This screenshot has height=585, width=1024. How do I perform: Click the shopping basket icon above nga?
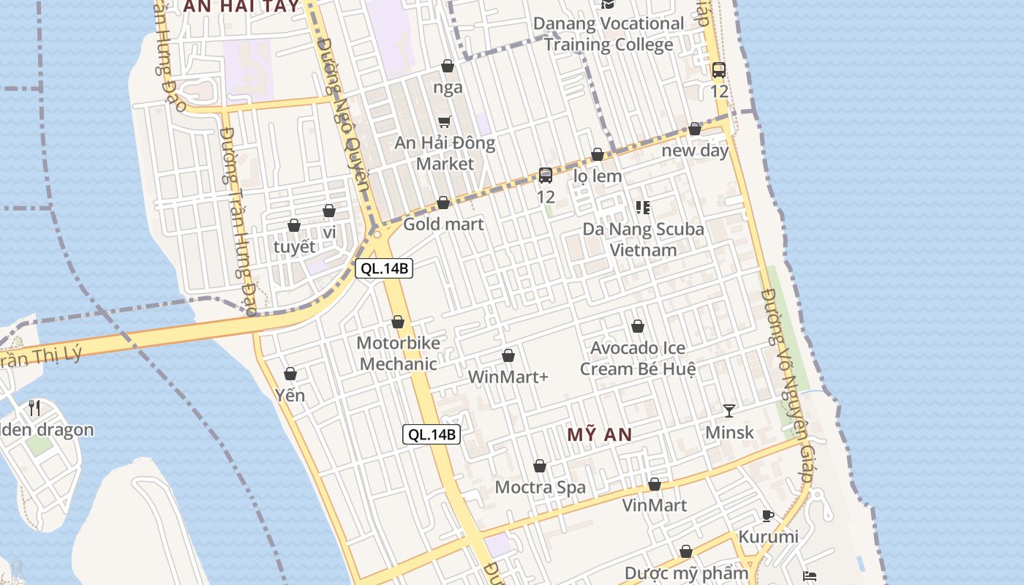click(448, 67)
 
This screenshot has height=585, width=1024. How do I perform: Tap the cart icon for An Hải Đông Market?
click(444, 121)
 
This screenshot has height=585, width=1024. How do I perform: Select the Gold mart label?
click(443, 224)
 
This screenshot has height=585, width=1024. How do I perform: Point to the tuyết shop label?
click(295, 246)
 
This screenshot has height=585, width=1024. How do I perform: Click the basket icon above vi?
click(329, 211)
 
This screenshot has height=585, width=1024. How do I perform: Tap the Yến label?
click(290, 396)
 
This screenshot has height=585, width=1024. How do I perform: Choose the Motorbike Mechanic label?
click(399, 353)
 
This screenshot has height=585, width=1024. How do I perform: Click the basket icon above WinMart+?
click(508, 356)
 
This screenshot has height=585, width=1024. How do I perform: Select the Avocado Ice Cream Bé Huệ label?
click(638, 358)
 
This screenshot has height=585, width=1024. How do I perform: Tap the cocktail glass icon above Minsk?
click(729, 411)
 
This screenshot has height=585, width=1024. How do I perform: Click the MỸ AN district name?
click(600, 435)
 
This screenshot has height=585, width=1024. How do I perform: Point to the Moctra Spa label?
click(541, 487)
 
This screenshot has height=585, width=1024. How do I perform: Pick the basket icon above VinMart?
click(655, 485)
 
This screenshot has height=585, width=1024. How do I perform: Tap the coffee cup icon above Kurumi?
click(768, 516)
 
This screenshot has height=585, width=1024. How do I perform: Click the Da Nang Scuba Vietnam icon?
click(643, 208)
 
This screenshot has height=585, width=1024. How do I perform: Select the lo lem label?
click(598, 176)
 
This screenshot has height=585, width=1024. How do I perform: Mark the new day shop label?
click(695, 151)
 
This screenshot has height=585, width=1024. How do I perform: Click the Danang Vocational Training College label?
click(608, 34)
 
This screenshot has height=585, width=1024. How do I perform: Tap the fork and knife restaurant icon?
click(34, 407)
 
